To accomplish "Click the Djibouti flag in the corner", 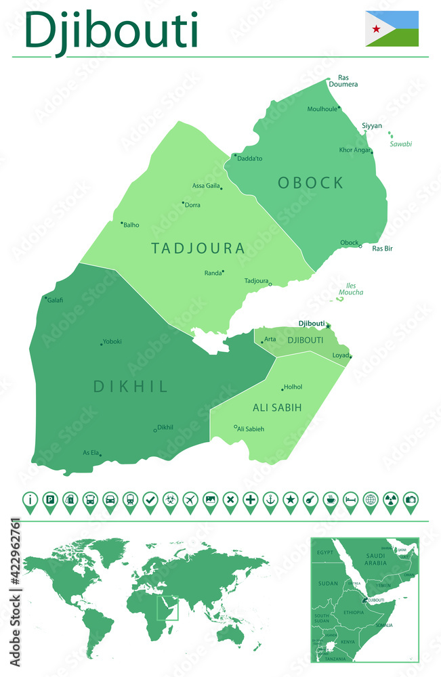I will tap(392, 28).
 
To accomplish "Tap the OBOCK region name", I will tap(310, 183).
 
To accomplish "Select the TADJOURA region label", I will tap(198, 248).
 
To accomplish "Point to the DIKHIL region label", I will tap(131, 387).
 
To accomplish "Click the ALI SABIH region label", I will tap(277, 407).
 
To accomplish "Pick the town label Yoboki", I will tap(112, 342).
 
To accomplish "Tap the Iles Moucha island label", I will tap(351, 289).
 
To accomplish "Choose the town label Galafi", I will tap(56, 300).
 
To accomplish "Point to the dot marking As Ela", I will tap(100, 455).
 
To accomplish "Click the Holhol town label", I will tap(293, 387).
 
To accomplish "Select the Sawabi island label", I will tap(400, 144).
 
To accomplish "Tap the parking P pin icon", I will tap(49, 500).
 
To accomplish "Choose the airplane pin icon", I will tap(190, 500).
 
